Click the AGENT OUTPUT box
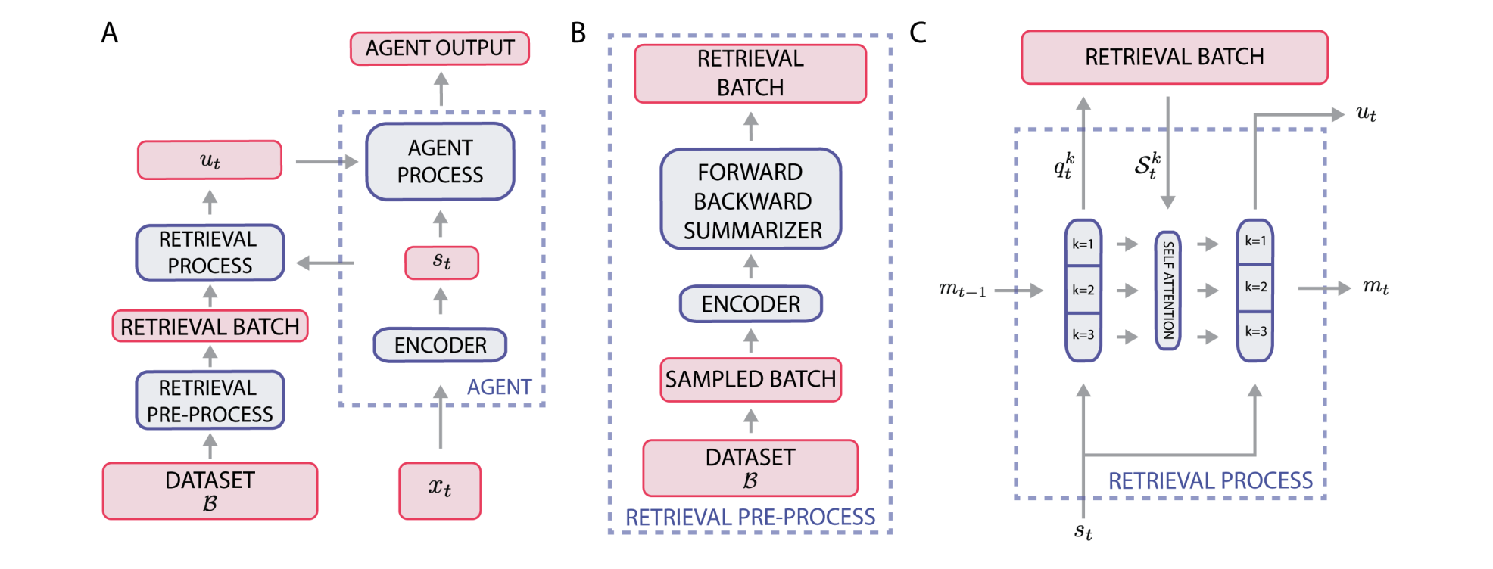pyautogui.click(x=439, y=48)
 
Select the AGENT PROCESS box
pyautogui.click(x=440, y=162)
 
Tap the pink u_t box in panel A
pyautogui.click(x=210, y=160)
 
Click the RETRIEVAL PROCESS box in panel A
pyautogui.click(x=210, y=253)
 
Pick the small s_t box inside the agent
pyautogui.click(x=441, y=263)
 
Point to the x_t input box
pyautogui.click(x=440, y=490)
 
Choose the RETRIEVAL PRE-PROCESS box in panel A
pyautogui.click(x=210, y=401)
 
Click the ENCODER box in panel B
pyautogui.click(x=750, y=304)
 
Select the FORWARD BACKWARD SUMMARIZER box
pyautogui.click(x=751, y=200)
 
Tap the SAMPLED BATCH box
pyautogui.click(x=750, y=379)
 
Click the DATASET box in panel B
pyautogui.click(x=750, y=468)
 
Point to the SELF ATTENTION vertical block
pyautogui.click(x=1167, y=291)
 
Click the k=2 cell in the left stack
pyautogui.click(x=1083, y=290)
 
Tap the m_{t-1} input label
pyautogui.click(x=962, y=290)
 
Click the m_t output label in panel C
pyautogui.click(x=1375, y=287)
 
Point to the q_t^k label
pyautogui.click(x=1064, y=166)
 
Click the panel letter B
pyautogui.click(x=578, y=33)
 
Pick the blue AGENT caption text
pyautogui.click(x=499, y=387)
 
